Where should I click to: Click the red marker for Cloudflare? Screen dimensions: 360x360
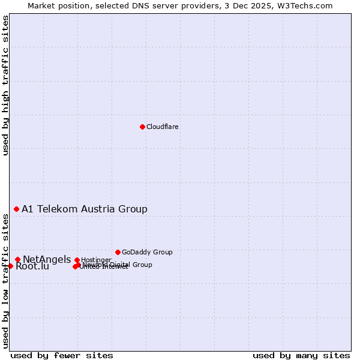(142, 127)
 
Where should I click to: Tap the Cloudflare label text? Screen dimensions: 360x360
(162, 127)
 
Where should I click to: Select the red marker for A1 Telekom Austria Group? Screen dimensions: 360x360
(16, 209)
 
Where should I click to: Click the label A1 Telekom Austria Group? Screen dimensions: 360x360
(85, 209)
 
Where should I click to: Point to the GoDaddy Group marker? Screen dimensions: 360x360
(118, 252)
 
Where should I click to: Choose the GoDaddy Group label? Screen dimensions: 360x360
(147, 252)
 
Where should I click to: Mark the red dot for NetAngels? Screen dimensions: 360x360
(17, 259)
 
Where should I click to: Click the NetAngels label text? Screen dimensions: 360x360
(47, 259)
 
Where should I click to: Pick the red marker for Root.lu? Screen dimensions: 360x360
(10, 266)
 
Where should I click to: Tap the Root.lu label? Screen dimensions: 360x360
(32, 266)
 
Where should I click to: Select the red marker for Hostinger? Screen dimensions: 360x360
(77, 260)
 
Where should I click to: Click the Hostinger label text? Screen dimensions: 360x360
(96, 260)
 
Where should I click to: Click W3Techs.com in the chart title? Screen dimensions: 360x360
(307, 5)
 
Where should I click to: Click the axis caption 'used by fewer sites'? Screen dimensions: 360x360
(62, 355)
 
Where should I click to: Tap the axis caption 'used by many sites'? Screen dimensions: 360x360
(301, 355)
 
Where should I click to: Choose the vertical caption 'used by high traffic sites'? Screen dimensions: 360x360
(5, 85)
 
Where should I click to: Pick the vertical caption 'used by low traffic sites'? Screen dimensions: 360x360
(5, 281)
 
